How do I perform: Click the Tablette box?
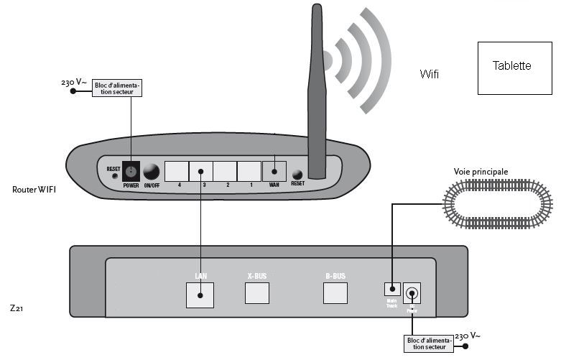coord(512,68)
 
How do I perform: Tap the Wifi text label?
coord(430,74)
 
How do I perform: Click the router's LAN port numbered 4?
coord(177,171)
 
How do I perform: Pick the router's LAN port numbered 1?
coord(249,171)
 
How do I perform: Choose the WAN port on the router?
coord(274,171)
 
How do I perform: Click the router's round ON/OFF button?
coord(152,172)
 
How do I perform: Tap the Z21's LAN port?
coord(200,294)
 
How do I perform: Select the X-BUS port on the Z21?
coord(257,293)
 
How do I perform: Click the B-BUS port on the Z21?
coord(335,293)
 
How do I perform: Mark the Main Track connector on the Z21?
coord(392,289)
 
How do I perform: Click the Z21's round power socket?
coord(412,293)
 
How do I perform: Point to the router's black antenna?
coord(317,93)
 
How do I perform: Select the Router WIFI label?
coord(34,190)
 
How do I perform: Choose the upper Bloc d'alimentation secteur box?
coord(118,88)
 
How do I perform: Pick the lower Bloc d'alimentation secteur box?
coord(429,343)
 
